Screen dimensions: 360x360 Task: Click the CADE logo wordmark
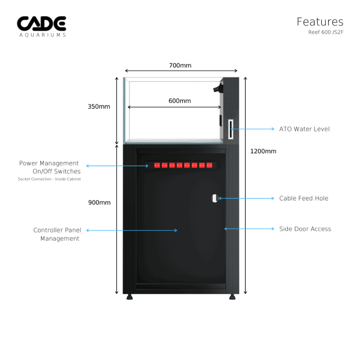pos(41,24)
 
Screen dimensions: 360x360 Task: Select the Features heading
pos(319,22)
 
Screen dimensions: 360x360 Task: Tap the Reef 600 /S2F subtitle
pos(325,32)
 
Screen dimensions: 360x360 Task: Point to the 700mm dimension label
pos(180,65)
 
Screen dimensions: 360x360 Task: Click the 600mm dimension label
pos(180,101)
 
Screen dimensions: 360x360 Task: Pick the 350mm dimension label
pos(99,107)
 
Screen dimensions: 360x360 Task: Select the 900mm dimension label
pos(99,202)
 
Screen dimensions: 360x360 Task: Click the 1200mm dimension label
pos(263,151)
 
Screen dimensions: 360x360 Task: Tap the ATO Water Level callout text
pos(304,129)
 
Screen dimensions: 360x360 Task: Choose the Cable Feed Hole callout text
pos(304,198)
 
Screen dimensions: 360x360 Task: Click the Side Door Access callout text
pos(305,229)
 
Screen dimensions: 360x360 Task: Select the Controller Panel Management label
pos(57,234)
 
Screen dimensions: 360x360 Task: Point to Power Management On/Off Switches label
pos(50,167)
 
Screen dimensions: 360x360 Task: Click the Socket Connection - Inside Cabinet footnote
pos(49,179)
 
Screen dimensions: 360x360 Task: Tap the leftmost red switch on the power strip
pos(157,165)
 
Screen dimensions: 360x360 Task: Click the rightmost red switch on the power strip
pos(209,165)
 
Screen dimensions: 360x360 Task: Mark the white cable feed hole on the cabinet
pos(215,198)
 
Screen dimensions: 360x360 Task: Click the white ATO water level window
pos(231,130)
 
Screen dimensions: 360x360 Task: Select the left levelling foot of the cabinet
pos(130,297)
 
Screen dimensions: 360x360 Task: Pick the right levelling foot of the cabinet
pos(232,297)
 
